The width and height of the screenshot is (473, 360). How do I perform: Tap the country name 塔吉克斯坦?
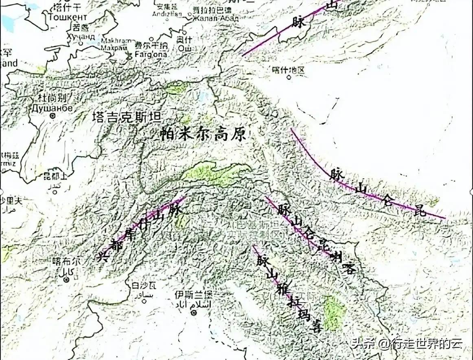point(126,117)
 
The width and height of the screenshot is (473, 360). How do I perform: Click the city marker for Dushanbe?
point(53,116)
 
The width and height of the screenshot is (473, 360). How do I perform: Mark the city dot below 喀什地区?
point(289,77)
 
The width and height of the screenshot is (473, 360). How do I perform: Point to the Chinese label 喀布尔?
point(67,263)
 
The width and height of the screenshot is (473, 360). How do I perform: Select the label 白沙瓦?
point(139,285)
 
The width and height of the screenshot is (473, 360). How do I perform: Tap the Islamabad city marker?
point(194,313)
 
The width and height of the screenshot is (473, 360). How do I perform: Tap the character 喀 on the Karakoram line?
point(349,269)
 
